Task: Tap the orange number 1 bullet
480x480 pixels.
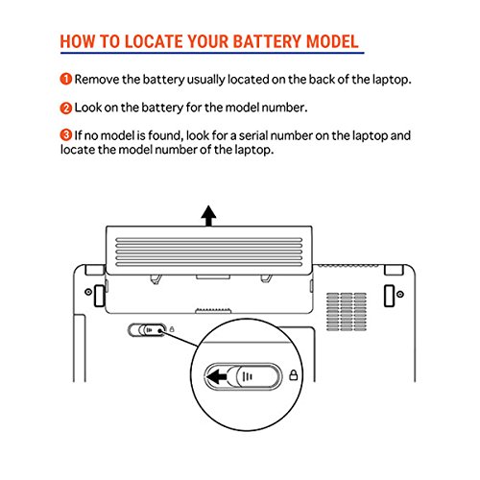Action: (65, 79)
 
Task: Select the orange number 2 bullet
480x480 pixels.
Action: (65, 108)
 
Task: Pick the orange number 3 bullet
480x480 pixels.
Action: (65, 135)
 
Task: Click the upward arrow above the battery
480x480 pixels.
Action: (208, 216)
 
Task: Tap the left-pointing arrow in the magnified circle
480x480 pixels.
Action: (217, 376)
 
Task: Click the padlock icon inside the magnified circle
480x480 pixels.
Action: (294, 375)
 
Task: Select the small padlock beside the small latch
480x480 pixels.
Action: (172, 329)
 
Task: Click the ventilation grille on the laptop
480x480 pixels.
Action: (347, 312)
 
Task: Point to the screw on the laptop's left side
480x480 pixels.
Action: (88, 292)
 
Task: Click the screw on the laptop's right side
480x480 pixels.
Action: (399, 294)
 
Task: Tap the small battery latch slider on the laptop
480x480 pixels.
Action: (147, 330)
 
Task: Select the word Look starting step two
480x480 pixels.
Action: (87, 108)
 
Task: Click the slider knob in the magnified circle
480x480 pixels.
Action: (258, 376)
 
